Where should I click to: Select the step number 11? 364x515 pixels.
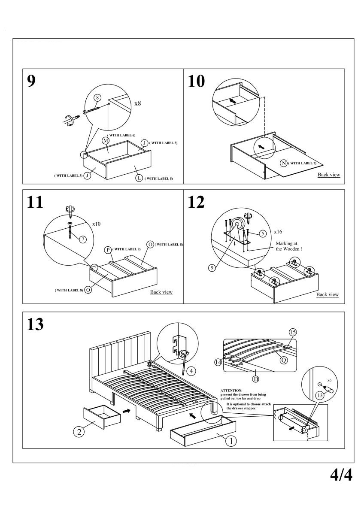[35, 202]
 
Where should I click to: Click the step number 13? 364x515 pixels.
[35, 324]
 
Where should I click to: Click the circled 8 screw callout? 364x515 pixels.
[97, 98]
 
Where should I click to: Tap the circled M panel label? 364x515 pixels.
[105, 141]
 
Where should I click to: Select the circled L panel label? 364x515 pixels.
[139, 178]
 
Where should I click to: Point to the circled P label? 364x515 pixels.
[108, 250]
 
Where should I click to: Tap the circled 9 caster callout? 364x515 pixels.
[211, 268]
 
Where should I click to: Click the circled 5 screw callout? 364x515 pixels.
[263, 233]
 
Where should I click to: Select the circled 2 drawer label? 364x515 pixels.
[78, 432]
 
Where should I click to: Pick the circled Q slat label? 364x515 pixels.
[283, 360]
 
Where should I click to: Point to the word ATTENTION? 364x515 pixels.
[231, 390]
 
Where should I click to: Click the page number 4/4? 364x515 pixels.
[341, 475]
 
